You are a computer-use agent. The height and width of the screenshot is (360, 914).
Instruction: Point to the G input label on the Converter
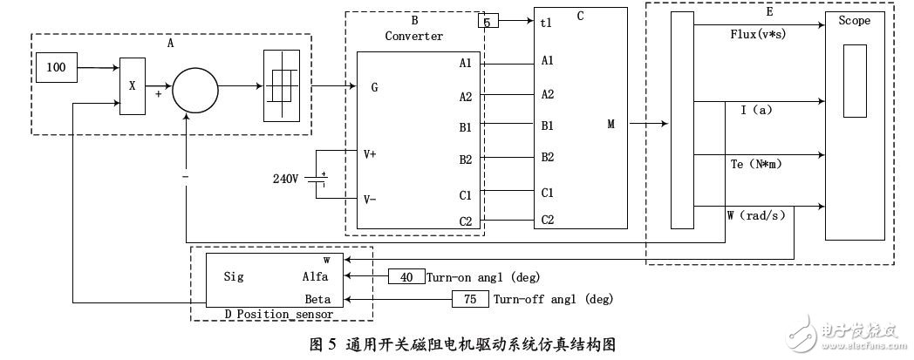[x=374, y=87]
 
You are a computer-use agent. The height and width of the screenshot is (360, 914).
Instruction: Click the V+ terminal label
[x=371, y=154]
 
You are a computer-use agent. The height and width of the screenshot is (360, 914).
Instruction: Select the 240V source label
[x=286, y=178]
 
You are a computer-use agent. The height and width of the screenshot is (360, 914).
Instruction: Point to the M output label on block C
[x=610, y=124]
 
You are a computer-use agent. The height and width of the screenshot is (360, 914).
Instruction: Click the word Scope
[x=854, y=21]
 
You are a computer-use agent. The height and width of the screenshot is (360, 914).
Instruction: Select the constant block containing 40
[x=406, y=277]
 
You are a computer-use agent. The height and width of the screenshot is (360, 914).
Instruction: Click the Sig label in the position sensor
[x=233, y=277]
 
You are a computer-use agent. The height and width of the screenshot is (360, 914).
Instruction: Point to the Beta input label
[x=318, y=299]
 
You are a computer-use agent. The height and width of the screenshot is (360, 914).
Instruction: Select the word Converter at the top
[x=414, y=36]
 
